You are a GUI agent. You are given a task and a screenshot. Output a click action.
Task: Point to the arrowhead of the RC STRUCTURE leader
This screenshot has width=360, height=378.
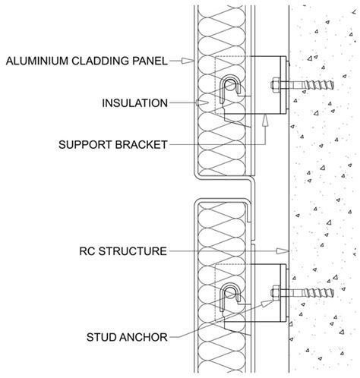(287, 249)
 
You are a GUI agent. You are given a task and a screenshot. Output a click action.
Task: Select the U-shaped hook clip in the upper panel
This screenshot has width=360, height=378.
(229, 90)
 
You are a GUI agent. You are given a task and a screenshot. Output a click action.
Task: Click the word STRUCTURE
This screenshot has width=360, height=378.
(134, 249)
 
